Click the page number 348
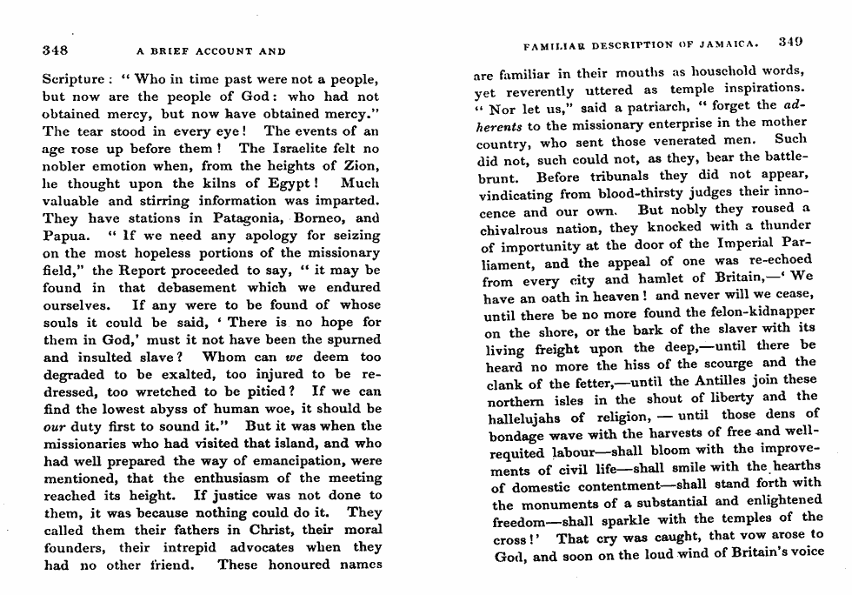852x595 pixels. click(x=56, y=50)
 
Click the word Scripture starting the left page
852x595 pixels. click(x=73, y=80)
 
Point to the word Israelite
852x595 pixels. click(x=274, y=149)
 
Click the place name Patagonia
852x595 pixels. click(x=249, y=218)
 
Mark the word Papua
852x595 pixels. click(x=63, y=236)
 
